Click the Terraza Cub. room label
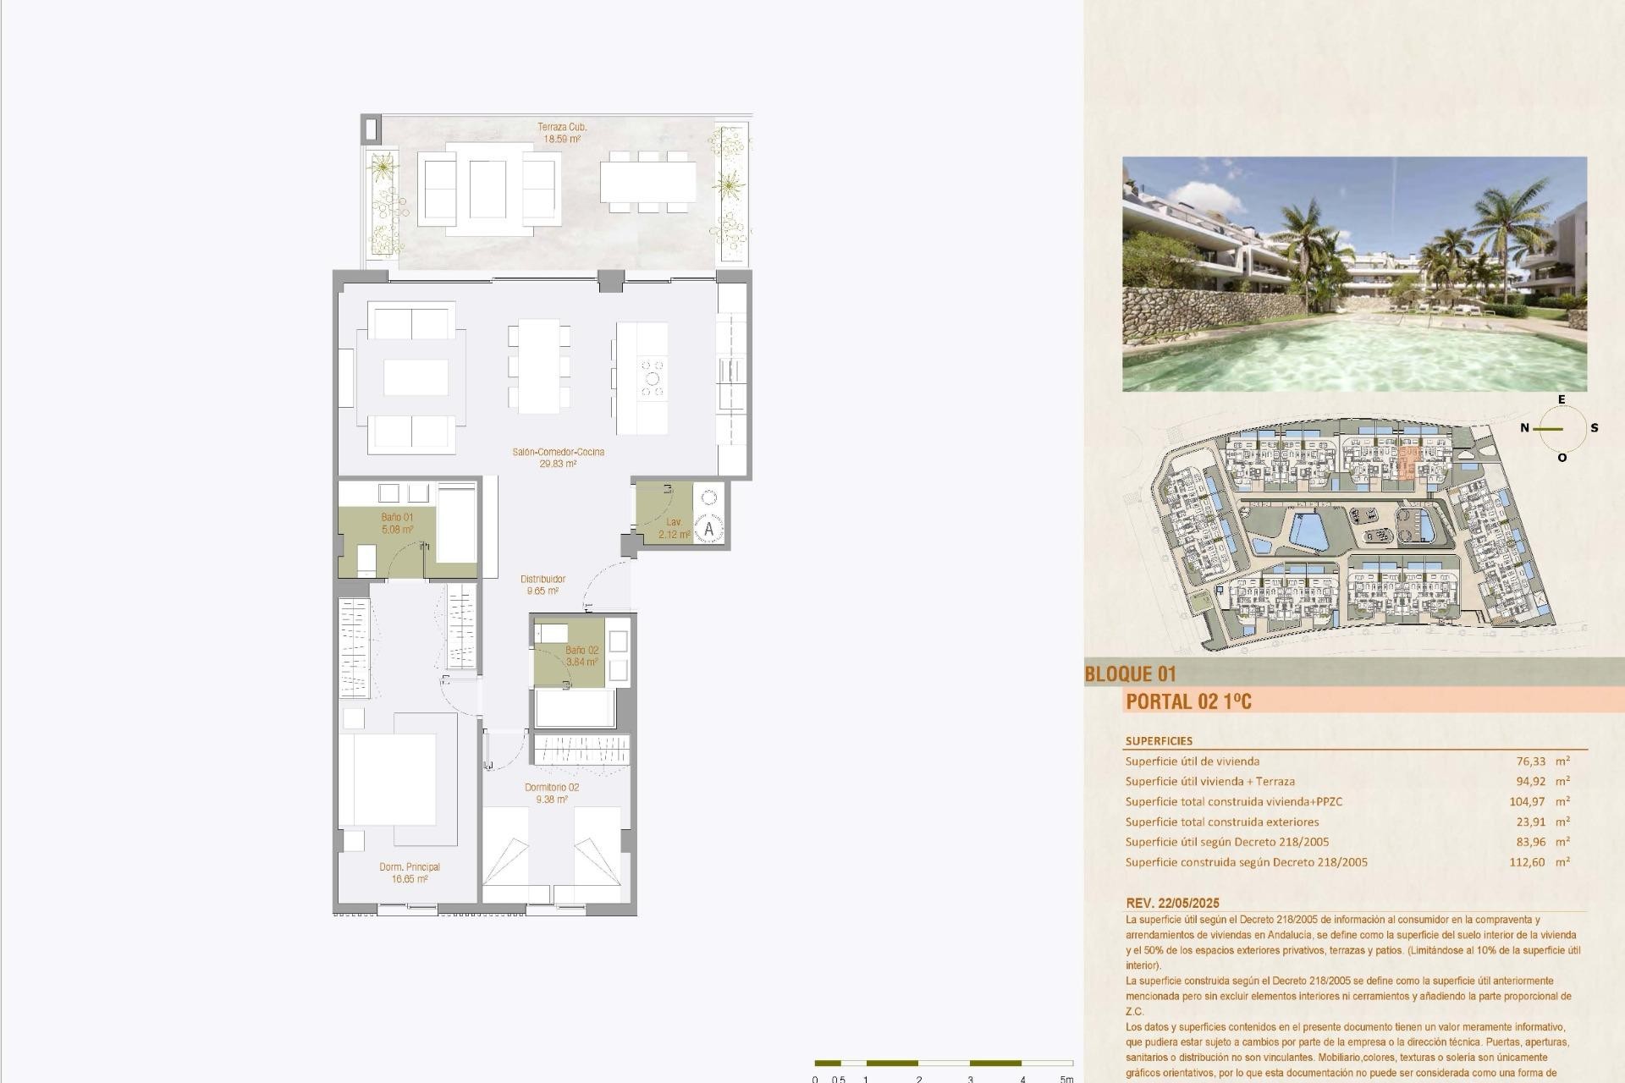562,133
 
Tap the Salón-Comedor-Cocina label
558,458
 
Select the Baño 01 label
397,524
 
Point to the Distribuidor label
543,585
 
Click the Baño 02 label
581,656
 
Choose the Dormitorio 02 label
551,793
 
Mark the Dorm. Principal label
409,872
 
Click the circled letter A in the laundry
708,530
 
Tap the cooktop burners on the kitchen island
653,378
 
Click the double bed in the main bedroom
388,779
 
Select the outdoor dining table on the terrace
648,182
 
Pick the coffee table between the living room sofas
416,377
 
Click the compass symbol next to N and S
1562,429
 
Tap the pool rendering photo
1354,273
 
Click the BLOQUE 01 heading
1130,674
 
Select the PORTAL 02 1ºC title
1188,701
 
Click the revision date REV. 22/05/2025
1172,903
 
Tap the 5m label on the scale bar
1066,1079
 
